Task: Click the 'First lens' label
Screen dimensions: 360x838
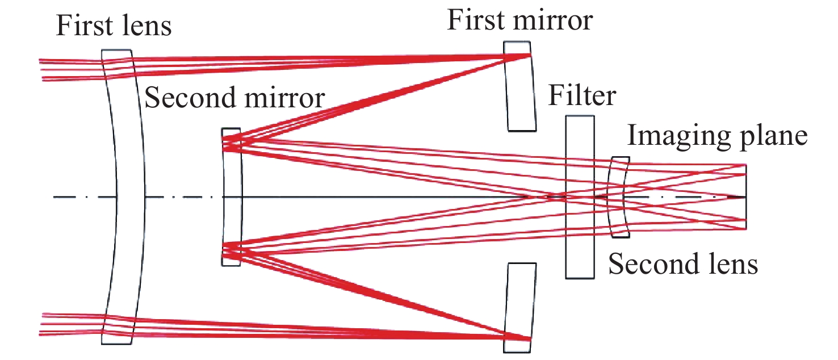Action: coord(114,26)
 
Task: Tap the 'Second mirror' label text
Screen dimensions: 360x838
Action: coord(234,98)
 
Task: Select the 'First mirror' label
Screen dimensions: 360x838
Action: coord(519,20)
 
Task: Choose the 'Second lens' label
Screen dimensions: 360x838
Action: coord(683,264)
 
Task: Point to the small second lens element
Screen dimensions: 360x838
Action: coord(618,196)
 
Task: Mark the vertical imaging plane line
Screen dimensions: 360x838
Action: coord(745,196)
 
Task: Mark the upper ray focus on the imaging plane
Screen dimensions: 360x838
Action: coord(745,165)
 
